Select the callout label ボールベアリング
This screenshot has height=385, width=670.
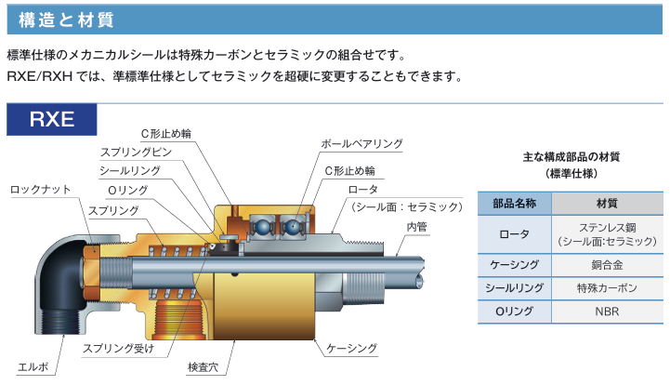[361, 144]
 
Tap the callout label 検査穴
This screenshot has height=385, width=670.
[202, 367]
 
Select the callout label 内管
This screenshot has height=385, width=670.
[415, 226]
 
